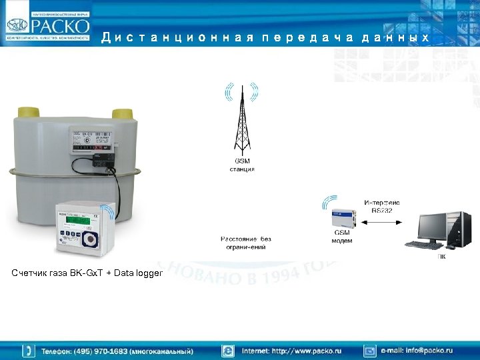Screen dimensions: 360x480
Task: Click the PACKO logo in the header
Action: pyautogui.click(x=48, y=25)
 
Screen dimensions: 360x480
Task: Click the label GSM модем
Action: pyautogui.click(x=342, y=237)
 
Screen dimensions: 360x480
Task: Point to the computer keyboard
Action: pyautogui.click(x=423, y=245)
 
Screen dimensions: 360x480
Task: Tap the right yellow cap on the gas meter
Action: pyautogui.click(x=122, y=113)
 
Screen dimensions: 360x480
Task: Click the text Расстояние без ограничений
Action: pyautogui.click(x=246, y=243)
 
